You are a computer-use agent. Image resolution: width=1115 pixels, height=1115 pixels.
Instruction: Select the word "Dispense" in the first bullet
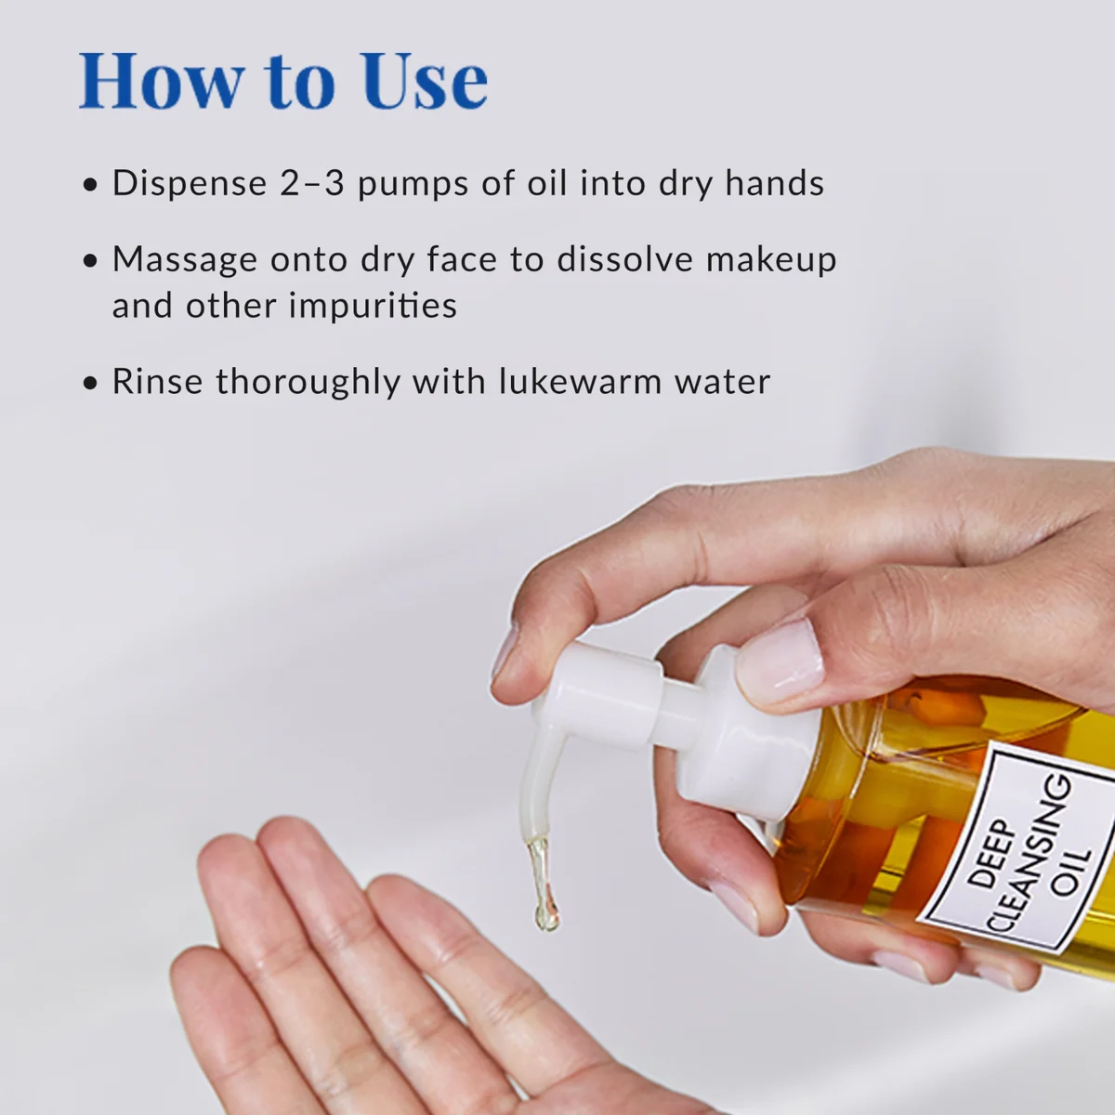pos(190,184)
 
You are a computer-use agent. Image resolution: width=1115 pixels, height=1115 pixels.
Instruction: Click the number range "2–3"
pos(312,183)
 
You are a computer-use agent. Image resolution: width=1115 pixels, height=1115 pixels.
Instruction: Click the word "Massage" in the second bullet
pos(184,260)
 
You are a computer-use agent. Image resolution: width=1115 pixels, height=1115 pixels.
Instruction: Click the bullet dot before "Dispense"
pos(90,185)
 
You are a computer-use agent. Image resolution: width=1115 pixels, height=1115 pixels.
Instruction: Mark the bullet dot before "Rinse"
pos(90,383)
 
